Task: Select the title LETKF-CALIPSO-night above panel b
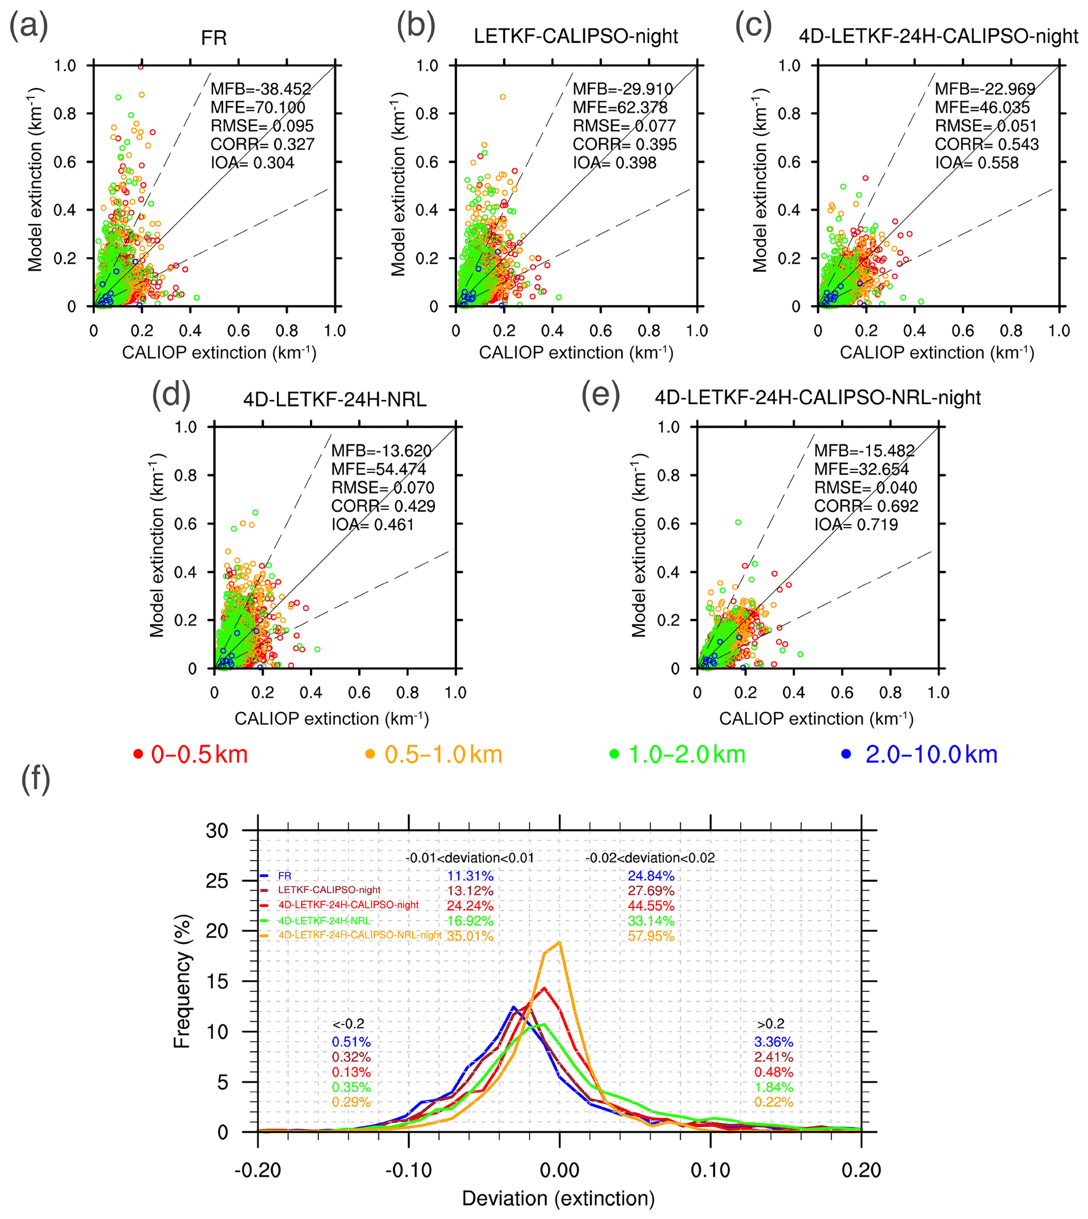576,36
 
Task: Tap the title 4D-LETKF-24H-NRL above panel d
335,399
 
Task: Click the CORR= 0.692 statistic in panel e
866,506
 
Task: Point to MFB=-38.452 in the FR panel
261,89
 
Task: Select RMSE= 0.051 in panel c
986,126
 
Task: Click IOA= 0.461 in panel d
373,525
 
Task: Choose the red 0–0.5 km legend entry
191,754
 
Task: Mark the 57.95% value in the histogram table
651,936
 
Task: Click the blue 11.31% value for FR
470,876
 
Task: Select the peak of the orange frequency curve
559,942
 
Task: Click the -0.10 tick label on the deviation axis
408,1170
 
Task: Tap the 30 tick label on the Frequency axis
217,831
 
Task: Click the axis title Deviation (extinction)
558,1198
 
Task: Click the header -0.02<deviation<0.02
650,858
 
